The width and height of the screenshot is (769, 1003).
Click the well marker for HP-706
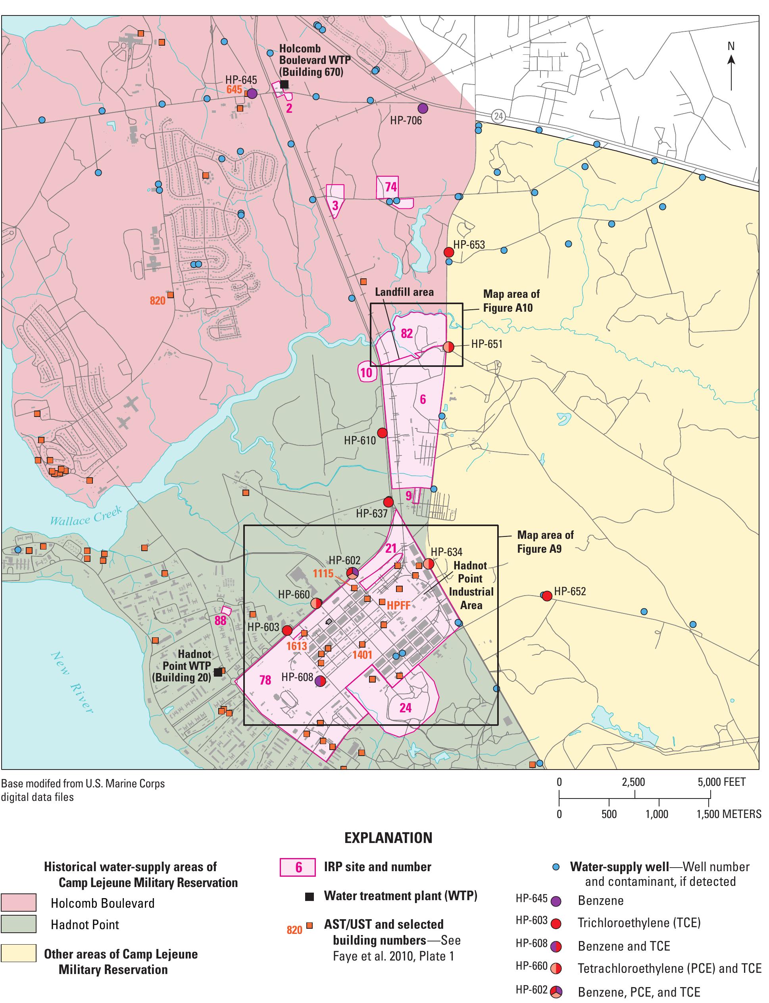[423, 108]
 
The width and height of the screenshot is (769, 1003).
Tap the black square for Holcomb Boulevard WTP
[284, 84]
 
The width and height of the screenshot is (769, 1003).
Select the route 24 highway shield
[498, 116]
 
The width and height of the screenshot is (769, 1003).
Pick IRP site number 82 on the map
[406, 333]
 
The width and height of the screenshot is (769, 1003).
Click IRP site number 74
[390, 187]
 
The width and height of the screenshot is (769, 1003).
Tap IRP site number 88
[221, 620]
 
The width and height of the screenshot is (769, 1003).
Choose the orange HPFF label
[398, 605]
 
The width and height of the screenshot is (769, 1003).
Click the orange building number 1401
[362, 654]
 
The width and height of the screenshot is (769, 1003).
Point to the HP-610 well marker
[382, 433]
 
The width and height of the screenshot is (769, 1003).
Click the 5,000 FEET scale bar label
[721, 782]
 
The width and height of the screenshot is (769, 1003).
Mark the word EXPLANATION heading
[388, 838]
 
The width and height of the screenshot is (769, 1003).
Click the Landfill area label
[404, 292]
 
